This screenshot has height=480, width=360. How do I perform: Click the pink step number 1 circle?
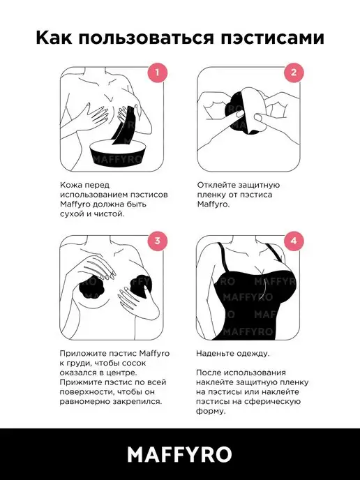tap(157, 73)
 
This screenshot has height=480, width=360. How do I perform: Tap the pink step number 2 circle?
tap(294, 73)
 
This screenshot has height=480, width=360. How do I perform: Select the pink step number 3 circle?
tap(157, 241)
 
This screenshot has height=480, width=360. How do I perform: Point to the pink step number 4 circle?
tap(294, 241)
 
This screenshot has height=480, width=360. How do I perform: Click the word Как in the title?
tap(54, 38)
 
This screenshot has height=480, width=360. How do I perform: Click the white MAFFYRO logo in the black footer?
tap(180, 454)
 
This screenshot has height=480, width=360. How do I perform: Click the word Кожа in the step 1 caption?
tap(71, 185)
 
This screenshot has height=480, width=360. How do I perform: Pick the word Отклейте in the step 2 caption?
tap(216, 185)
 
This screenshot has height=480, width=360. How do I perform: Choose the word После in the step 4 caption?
tap(209, 373)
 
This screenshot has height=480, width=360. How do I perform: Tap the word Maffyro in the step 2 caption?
tap(212, 204)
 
